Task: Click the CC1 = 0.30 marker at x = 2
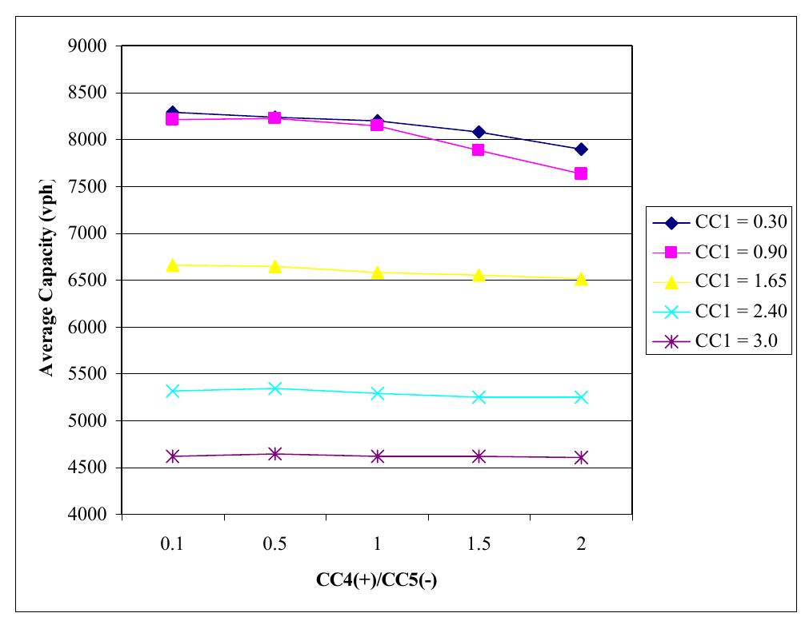581,149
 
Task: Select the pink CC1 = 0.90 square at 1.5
479,150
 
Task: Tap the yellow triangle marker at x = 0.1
172,265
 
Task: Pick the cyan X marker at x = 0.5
274,388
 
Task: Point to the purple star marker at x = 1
377,456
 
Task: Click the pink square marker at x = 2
581,173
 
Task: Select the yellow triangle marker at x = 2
581,278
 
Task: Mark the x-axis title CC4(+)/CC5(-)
376,581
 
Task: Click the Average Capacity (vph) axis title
46,280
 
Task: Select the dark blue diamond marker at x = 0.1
172,113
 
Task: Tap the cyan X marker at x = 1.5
479,397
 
